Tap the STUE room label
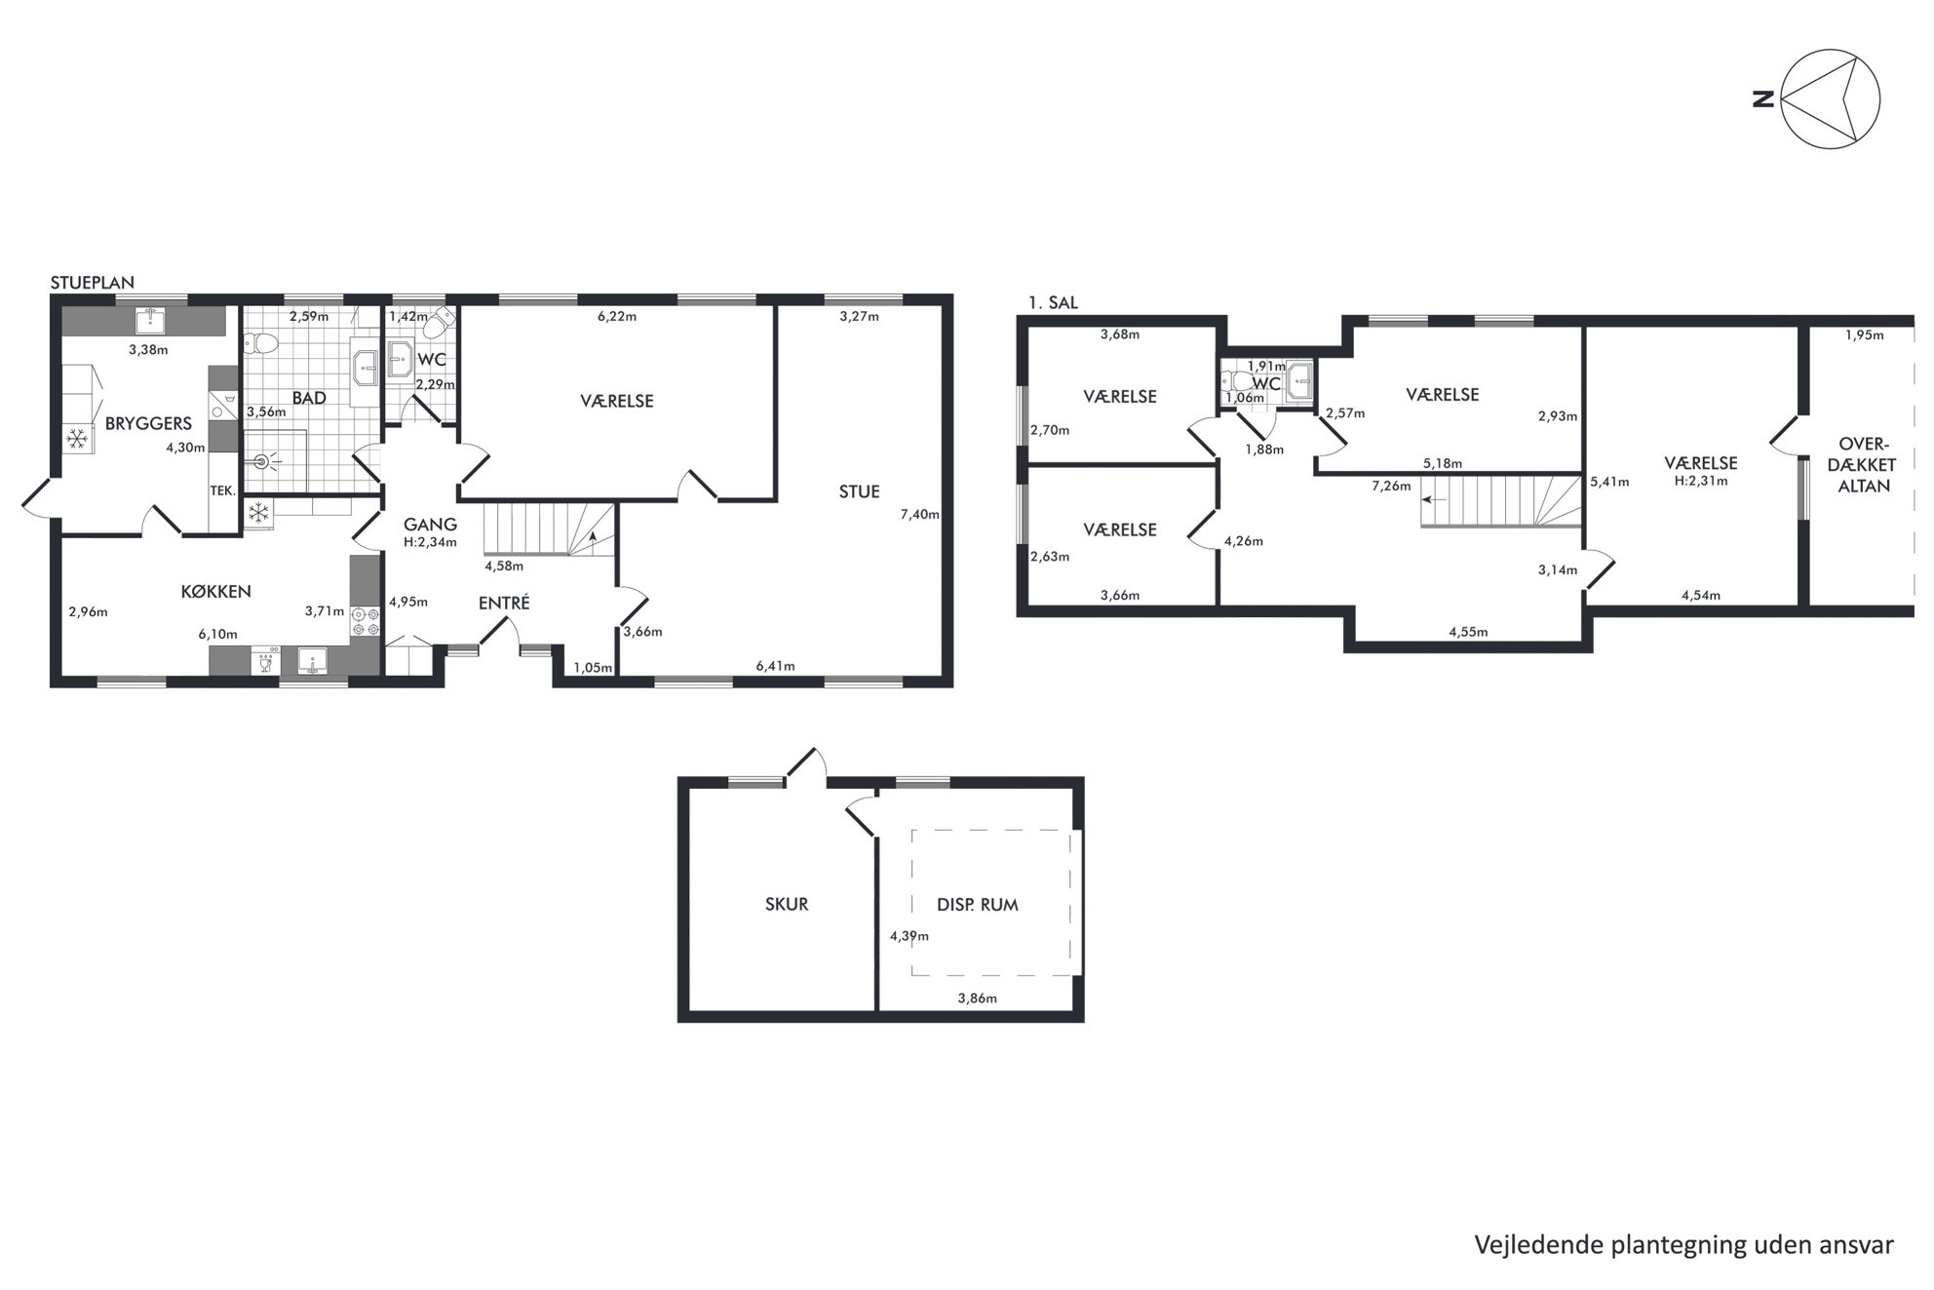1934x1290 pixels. [859, 491]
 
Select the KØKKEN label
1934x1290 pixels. [215, 591]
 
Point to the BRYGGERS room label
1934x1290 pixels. [148, 423]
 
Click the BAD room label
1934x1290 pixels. [309, 398]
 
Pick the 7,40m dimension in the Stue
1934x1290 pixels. [919, 514]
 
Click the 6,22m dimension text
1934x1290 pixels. [616, 316]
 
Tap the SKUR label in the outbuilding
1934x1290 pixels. [787, 904]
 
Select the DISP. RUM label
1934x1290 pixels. [977, 905]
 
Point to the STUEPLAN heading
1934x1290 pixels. [93, 283]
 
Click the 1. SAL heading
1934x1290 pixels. [1053, 302]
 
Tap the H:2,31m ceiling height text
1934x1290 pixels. [1701, 480]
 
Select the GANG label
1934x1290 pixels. [430, 525]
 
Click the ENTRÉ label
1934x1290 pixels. [504, 603]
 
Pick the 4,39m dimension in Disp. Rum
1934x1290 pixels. [909, 936]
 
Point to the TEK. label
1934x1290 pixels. [222, 490]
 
